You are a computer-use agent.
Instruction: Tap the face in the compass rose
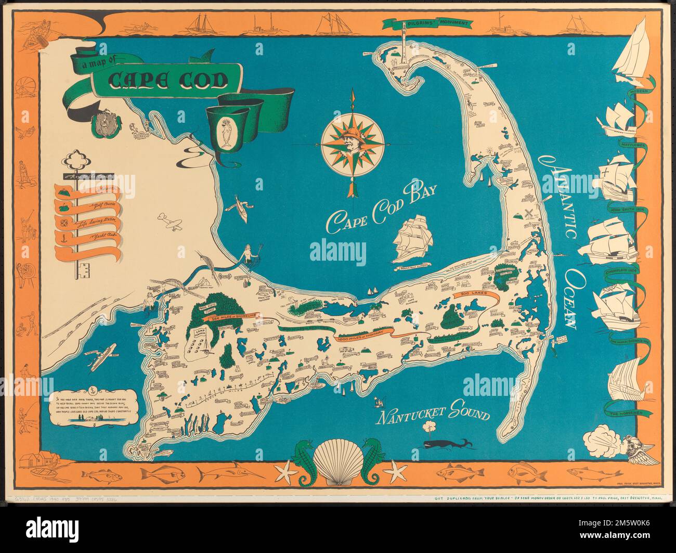coord(353,142)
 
